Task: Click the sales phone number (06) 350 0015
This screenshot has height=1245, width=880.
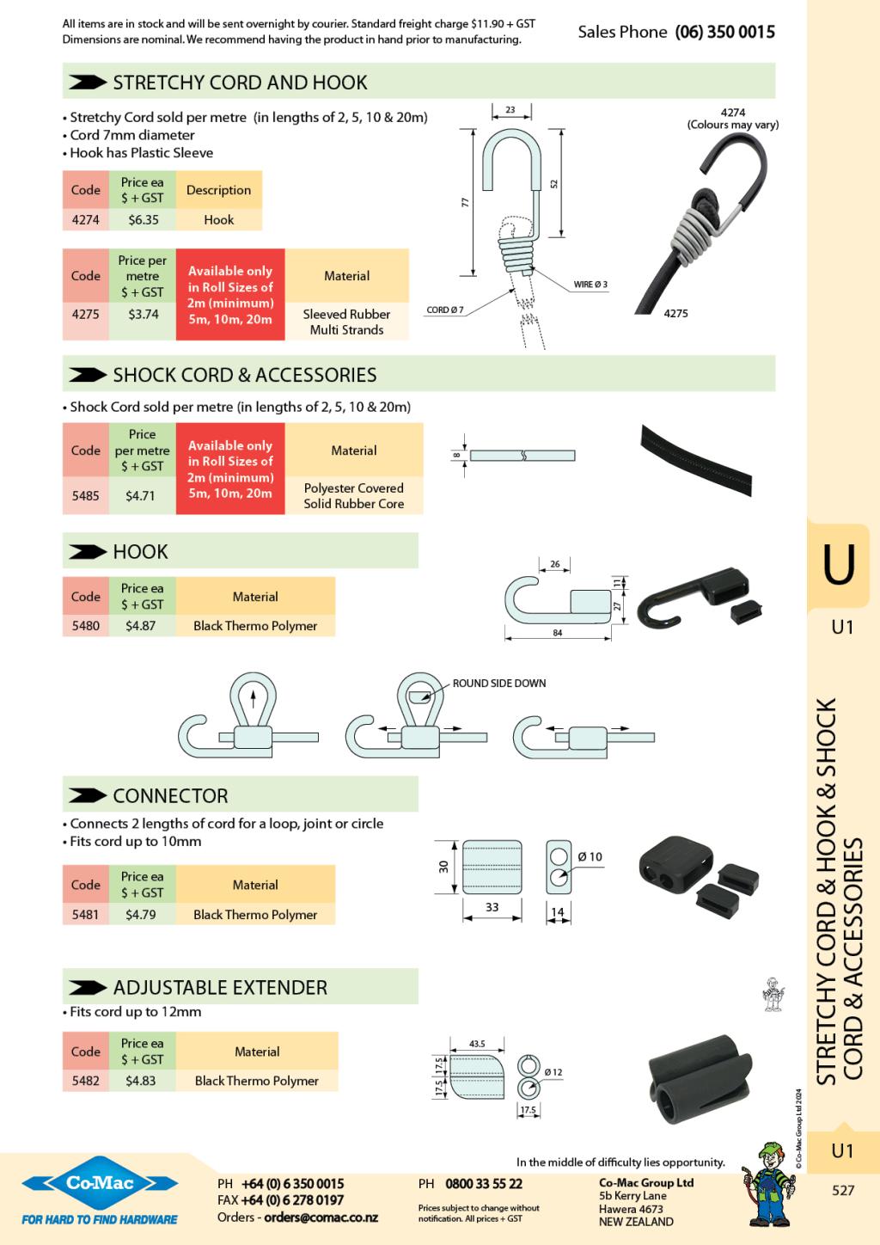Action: click(x=724, y=32)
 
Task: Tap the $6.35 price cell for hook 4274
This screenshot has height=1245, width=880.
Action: click(x=144, y=219)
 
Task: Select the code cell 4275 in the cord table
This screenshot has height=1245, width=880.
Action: click(x=85, y=314)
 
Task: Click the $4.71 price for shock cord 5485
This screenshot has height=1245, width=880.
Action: click(x=141, y=495)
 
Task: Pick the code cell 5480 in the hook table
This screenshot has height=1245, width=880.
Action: click(x=85, y=626)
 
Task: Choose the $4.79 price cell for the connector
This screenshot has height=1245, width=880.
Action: click(x=141, y=914)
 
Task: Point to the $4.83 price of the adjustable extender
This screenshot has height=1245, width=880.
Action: click(x=141, y=1081)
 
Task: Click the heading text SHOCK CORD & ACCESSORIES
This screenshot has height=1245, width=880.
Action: click(x=244, y=375)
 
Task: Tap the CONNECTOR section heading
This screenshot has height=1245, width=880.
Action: click(x=170, y=795)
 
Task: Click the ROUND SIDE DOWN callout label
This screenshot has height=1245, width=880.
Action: click(x=499, y=684)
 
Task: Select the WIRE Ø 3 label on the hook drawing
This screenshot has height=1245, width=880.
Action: click(x=591, y=285)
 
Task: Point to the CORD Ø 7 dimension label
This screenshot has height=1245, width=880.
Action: click(x=445, y=310)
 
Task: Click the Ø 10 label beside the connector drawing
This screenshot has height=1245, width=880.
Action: click(x=590, y=856)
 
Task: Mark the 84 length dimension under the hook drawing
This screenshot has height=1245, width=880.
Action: click(x=558, y=634)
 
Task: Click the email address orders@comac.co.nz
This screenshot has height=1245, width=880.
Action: click(x=321, y=1217)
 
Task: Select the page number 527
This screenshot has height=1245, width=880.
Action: click(x=843, y=1191)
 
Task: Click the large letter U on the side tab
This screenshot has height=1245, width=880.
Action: click(x=839, y=565)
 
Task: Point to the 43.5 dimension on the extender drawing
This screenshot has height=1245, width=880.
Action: click(x=477, y=1044)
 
